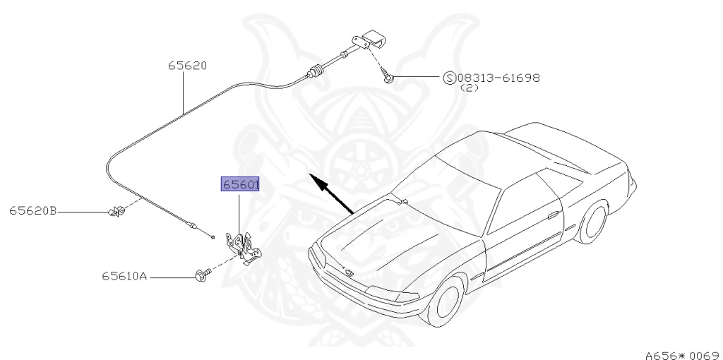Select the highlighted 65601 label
[241, 184]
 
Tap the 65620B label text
[32, 210]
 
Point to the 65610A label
[124, 277]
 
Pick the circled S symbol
[449, 78]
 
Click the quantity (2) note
[469, 88]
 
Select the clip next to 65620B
[115, 211]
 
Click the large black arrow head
[319, 183]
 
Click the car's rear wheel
[593, 222]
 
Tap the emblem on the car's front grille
[348, 272]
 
